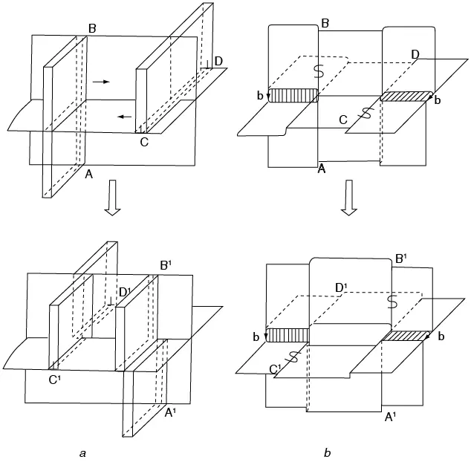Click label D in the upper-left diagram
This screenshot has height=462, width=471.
[218, 61]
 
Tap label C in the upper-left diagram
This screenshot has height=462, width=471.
[144, 142]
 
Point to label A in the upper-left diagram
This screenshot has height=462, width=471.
[89, 174]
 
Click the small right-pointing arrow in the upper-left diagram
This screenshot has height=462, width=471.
[101, 82]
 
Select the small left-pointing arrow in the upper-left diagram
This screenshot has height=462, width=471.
[124, 117]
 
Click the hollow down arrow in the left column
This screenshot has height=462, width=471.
[112, 198]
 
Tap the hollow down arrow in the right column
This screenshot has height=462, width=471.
[349, 198]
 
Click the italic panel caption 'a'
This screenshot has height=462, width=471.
[83, 453]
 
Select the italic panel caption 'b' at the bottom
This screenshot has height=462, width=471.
[328, 452]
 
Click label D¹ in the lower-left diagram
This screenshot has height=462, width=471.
[125, 292]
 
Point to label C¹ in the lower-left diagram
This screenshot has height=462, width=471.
[54, 380]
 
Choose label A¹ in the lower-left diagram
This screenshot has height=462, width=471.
[170, 413]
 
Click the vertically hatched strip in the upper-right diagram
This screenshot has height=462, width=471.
[293, 96]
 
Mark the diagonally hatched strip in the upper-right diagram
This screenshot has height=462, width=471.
[406, 96]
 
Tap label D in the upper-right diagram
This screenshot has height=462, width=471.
[415, 54]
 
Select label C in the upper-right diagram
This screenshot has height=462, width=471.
[343, 120]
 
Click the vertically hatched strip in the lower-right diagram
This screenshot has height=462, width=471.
[288, 335]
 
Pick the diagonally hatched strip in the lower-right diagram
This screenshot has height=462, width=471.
[405, 336]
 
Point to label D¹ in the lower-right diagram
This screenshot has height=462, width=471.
[341, 288]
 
